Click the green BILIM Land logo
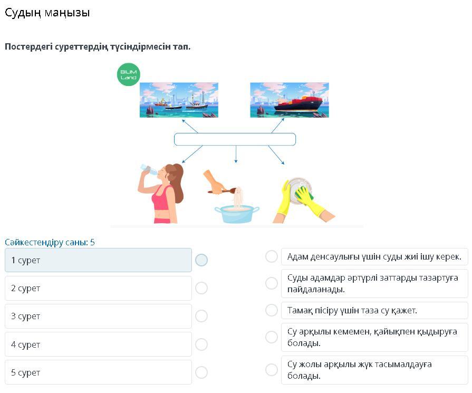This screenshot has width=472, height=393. click(129, 74)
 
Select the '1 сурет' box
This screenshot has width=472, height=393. click(98, 260)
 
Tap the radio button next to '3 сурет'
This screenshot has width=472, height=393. click(201, 316)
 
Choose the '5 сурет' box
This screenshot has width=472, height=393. click(98, 372)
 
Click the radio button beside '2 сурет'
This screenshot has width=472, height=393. click(201, 288)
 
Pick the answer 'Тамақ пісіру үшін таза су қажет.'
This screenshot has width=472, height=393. click(374, 310)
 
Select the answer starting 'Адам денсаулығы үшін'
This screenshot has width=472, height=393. click(374, 256)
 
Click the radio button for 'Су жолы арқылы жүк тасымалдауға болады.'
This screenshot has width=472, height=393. click(272, 369)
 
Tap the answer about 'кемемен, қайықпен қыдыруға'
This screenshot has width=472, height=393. click(374, 337)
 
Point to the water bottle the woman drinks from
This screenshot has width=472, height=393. click(149, 169)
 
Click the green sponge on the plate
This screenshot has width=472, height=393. click(304, 194)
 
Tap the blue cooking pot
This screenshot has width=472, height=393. click(237, 214)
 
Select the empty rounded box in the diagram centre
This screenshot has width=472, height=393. click(235, 139)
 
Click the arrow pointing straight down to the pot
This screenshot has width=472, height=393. click(236, 154)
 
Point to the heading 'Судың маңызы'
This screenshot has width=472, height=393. click(47, 13)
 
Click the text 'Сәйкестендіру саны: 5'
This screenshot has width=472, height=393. click(50, 242)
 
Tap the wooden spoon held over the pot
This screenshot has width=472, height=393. click(222, 190)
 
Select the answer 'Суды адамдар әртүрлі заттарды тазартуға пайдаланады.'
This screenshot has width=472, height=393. click(374, 283)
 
